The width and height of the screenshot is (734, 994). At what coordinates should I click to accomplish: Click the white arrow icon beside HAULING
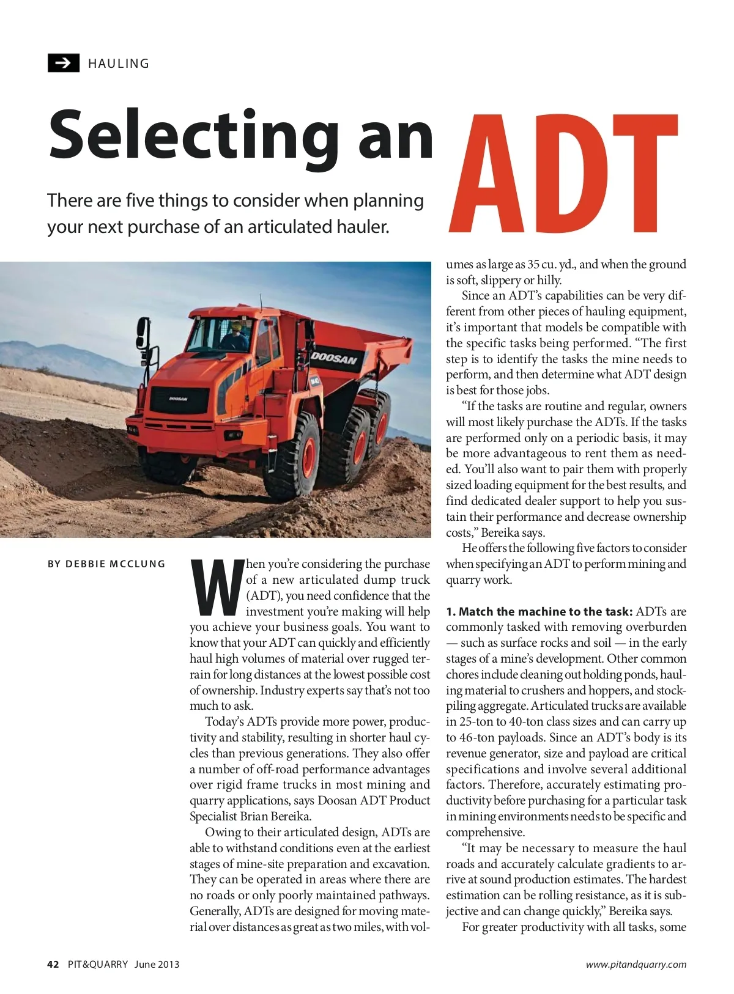pyautogui.click(x=63, y=63)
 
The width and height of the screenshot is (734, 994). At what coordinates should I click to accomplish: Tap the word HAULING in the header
pyautogui.click(x=119, y=64)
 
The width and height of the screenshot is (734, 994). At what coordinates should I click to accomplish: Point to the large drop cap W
pyautogui.click(x=217, y=587)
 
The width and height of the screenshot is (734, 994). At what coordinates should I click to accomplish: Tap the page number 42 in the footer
pyautogui.click(x=53, y=964)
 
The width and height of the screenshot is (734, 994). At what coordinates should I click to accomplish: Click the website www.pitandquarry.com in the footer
pyautogui.click(x=636, y=964)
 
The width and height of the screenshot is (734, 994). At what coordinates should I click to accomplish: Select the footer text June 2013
pyautogui.click(x=157, y=964)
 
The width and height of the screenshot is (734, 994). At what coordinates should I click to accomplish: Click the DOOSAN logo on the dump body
pyautogui.click(x=334, y=356)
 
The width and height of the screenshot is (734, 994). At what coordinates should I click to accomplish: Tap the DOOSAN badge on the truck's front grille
pyautogui.click(x=179, y=399)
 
